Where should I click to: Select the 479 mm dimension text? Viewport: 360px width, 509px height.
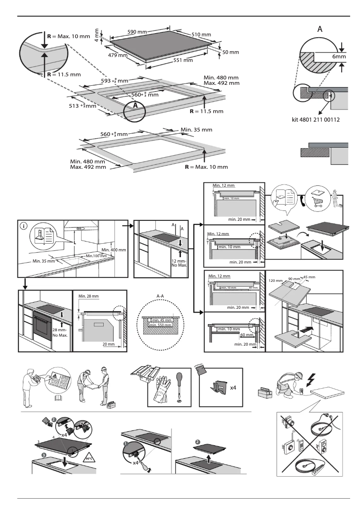point(118,56)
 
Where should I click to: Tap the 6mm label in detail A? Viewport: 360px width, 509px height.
point(338,57)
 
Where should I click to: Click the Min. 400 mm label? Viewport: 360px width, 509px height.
point(114,250)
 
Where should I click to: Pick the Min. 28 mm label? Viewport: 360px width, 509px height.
point(88,296)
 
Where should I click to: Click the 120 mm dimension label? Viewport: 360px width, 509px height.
point(275,281)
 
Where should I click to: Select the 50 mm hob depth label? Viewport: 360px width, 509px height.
point(230,53)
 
